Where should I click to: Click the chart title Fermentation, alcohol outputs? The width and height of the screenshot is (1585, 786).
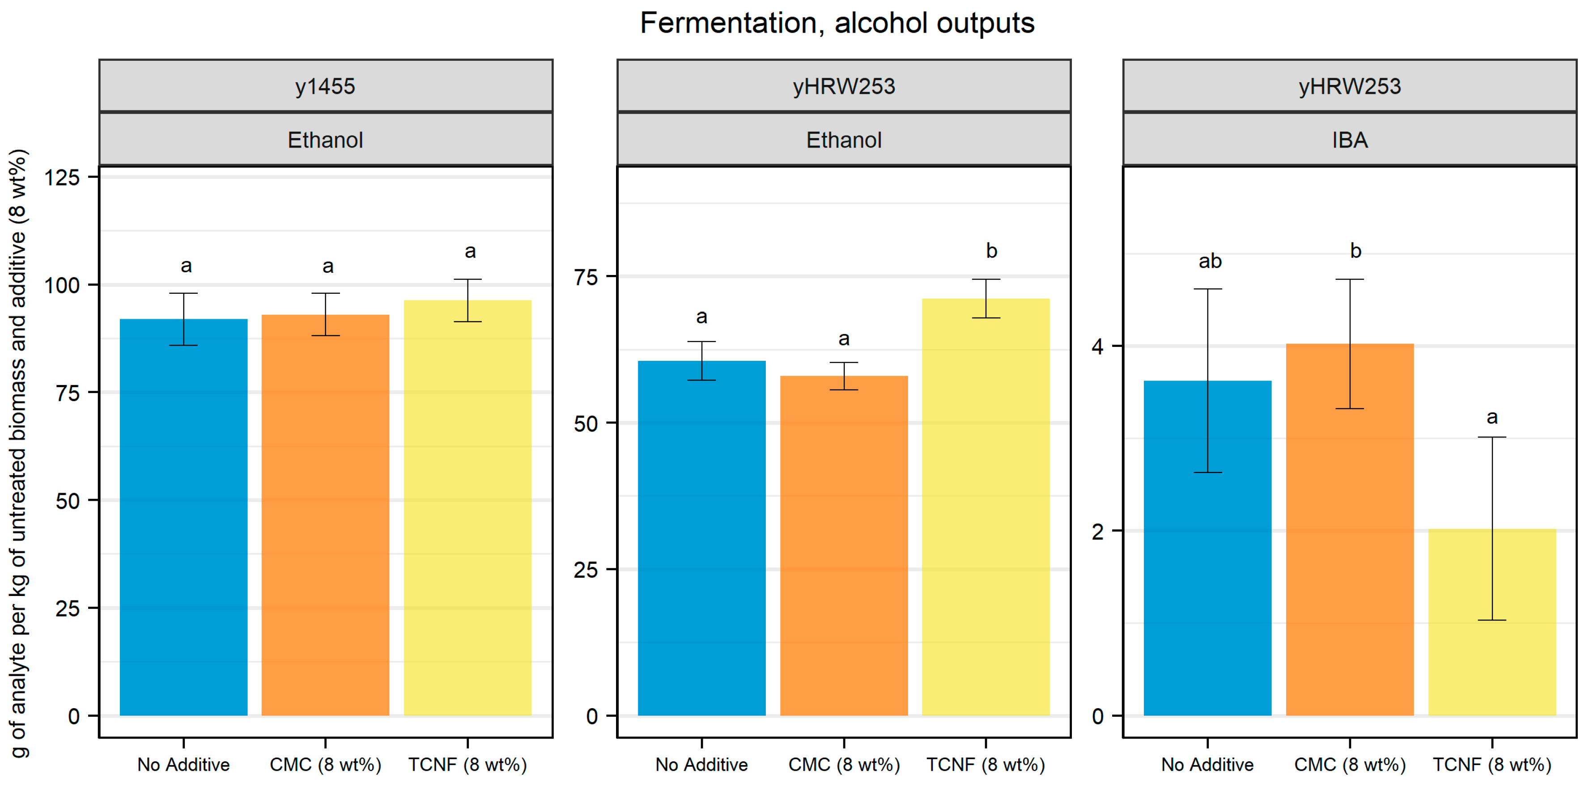(837, 23)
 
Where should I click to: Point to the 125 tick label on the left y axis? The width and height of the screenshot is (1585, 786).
(62, 178)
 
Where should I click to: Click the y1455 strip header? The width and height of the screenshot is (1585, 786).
(326, 86)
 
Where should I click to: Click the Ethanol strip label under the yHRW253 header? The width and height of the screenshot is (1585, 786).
(844, 140)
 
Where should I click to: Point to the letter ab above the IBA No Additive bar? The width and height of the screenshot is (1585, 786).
(1210, 262)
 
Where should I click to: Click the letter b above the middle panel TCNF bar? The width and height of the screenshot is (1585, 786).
(991, 251)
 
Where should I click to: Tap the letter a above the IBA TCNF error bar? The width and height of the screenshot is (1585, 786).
(1492, 418)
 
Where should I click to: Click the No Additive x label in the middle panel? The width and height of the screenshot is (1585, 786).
(701, 765)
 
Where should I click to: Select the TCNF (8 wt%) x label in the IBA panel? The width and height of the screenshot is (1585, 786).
(1492, 765)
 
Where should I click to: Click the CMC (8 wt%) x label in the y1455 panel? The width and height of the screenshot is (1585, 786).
(326, 765)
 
